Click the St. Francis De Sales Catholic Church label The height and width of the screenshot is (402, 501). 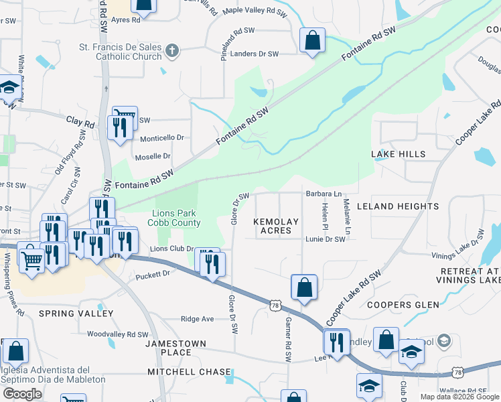121,52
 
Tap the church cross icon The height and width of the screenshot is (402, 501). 171,50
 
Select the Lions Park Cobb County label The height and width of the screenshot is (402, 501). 177,218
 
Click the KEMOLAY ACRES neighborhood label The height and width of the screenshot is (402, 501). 275,225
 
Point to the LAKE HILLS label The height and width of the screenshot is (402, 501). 399,154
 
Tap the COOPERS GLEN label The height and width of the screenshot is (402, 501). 403,305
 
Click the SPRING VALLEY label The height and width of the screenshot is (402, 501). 76,314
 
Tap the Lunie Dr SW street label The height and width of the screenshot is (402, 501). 325,239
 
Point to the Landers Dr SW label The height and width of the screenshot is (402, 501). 254,54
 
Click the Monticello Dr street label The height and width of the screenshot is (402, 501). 162,137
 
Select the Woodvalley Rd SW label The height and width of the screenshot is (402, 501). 117,334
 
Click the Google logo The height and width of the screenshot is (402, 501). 22,394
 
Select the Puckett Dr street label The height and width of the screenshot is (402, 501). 153,275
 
